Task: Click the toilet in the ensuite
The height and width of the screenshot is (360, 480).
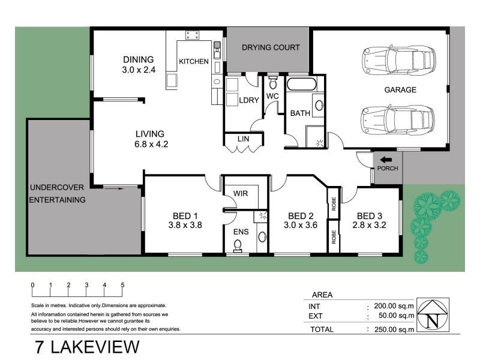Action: coord(238,245)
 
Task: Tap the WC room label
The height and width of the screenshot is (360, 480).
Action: coord(272,96)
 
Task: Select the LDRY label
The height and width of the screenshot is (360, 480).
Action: coord(248,101)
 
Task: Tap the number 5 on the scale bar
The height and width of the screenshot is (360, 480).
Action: coord(122,285)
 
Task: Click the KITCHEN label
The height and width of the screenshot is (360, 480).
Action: coord(194,62)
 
